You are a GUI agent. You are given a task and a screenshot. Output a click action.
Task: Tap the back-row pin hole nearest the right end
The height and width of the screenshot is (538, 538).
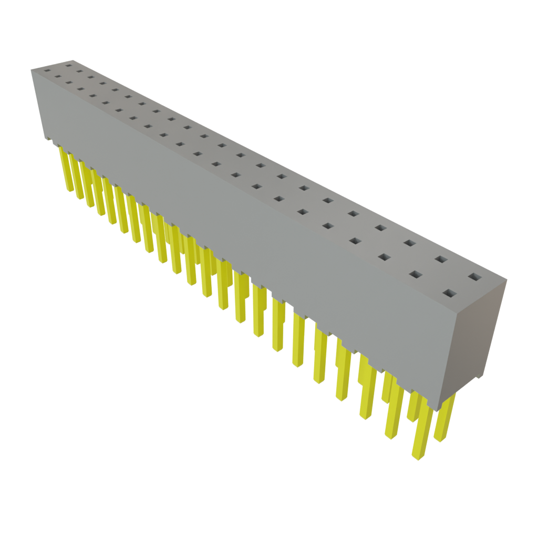(474, 276)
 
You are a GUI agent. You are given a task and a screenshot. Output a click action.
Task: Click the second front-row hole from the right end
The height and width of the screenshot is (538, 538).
(416, 275)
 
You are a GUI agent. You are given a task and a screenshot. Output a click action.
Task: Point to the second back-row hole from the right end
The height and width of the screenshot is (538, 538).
(441, 259)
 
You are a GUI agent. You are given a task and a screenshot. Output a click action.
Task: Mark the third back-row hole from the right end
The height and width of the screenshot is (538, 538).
(410, 243)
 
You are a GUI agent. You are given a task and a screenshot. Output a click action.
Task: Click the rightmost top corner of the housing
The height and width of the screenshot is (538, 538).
(507, 280)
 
